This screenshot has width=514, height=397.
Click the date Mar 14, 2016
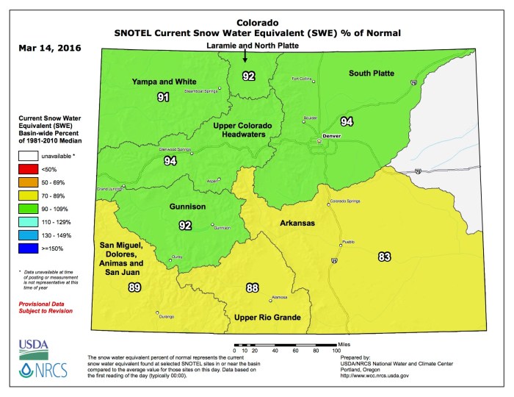(x=46, y=49)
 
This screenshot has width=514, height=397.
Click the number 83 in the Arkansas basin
(x=384, y=256)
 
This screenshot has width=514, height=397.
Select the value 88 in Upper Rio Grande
(x=253, y=287)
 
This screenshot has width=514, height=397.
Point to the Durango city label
(x=167, y=317)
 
